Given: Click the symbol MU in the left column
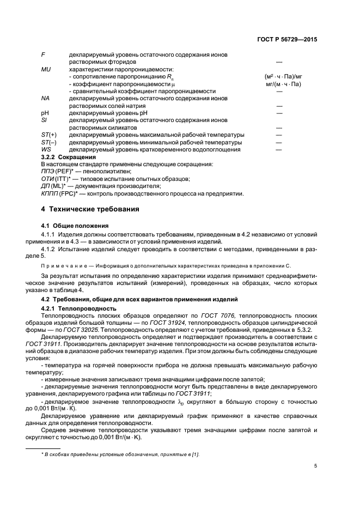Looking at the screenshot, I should pyautogui.click(x=46, y=70).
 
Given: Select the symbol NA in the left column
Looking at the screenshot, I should pyautogui.click(x=46, y=98).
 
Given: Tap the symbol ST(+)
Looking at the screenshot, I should pyautogui.click(x=49, y=135).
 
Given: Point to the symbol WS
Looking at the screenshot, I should pyautogui.click(x=46, y=149).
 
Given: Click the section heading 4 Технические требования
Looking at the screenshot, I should pyautogui.click(x=86, y=209).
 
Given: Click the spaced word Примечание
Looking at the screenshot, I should pyautogui.click(x=64, y=266).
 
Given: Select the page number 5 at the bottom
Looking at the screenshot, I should pyautogui.click(x=315, y=466).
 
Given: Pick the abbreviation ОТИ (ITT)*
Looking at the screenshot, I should pyautogui.click(x=58, y=178).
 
